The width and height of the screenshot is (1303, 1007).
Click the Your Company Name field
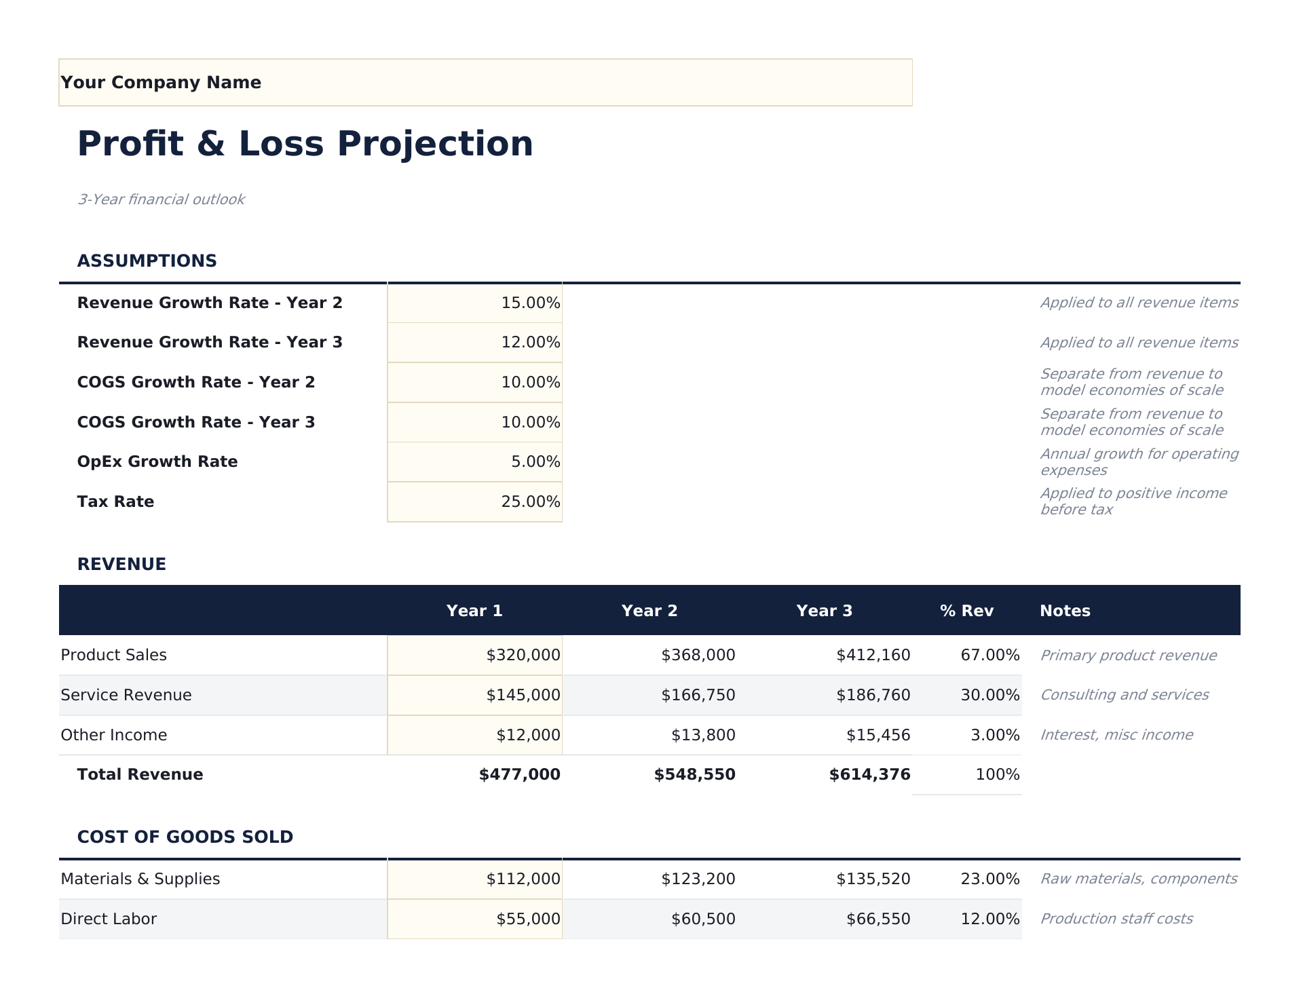(x=485, y=82)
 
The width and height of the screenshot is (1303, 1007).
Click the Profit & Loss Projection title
(x=305, y=144)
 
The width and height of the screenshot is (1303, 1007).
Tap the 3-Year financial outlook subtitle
(x=161, y=199)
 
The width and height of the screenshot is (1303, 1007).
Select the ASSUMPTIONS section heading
(x=147, y=261)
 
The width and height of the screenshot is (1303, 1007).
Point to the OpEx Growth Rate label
(x=157, y=462)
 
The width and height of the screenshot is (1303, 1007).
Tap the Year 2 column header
(x=649, y=611)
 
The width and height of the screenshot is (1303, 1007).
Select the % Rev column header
(x=966, y=611)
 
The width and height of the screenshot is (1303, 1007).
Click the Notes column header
(x=1065, y=611)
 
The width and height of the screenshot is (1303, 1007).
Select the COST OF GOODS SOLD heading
(x=185, y=837)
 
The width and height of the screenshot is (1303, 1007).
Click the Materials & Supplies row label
(x=140, y=879)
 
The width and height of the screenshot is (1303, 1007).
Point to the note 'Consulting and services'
(x=1124, y=695)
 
